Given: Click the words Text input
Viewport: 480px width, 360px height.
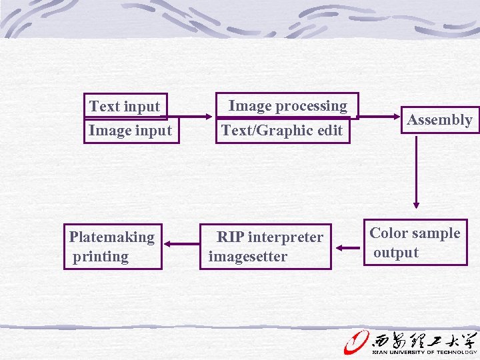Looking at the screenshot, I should tap(125, 107).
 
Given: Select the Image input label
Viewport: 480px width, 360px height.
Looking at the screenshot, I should tap(130, 131).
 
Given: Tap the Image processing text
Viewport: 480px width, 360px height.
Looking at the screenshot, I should tap(287, 106).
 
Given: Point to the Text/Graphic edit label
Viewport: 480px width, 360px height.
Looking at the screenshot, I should tap(281, 131).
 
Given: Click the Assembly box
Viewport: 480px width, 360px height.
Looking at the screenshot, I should tap(439, 120).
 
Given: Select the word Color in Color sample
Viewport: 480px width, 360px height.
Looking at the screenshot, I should tap(388, 233).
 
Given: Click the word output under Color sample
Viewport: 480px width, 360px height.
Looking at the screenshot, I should tap(396, 253).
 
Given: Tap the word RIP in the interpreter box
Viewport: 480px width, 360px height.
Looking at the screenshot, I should tap(231, 237).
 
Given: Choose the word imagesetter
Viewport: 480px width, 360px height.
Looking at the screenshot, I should tap(248, 257).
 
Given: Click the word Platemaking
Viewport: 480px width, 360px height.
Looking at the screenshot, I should tap(112, 237).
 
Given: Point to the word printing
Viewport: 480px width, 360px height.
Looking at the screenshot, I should tap(101, 257).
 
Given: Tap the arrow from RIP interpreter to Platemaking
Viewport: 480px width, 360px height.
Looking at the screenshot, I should tap(181, 245).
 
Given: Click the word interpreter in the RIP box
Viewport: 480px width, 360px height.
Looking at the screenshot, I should tap(285, 237).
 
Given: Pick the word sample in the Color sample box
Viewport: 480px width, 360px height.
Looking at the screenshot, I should tap(437, 233).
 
